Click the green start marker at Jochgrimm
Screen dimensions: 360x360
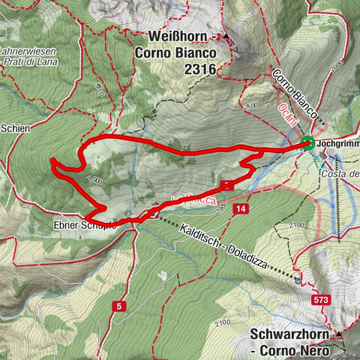(307, 144)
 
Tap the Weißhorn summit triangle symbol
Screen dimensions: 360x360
(226, 37)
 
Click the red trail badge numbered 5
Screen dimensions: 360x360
(118, 306)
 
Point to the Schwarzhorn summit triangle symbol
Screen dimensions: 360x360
(340, 333)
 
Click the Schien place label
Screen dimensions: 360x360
(15, 128)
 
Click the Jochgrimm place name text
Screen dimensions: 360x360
(337, 142)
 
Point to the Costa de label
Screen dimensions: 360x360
(342, 174)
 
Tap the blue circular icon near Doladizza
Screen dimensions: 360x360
(298, 280)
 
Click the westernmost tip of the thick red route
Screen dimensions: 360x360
(51, 160)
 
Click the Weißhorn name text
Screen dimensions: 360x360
(176, 37)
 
